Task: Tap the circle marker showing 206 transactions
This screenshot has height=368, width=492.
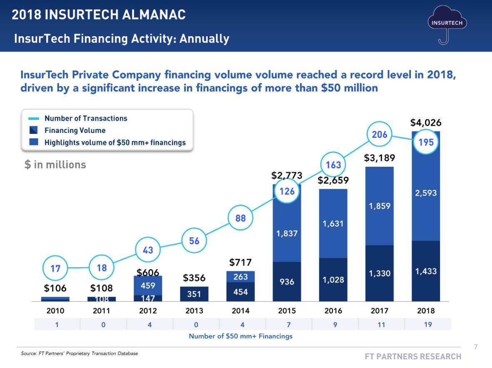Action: (380, 134)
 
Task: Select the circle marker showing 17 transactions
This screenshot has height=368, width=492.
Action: (55, 269)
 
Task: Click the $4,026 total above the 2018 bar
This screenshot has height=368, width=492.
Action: (426, 123)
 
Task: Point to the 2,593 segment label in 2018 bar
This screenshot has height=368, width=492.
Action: (426, 193)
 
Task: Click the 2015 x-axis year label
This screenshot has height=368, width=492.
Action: (287, 311)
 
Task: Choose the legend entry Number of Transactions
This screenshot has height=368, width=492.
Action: (86, 118)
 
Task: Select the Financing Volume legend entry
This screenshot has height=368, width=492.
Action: (75, 130)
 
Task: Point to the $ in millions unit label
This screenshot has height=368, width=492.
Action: (55, 165)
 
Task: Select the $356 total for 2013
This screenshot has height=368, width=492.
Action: (194, 278)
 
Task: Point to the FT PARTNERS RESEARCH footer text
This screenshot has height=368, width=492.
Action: (413, 356)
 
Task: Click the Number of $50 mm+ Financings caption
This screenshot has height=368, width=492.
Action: (241, 336)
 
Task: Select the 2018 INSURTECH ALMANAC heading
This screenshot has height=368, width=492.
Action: (99, 15)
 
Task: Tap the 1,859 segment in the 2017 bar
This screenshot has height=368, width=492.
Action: (379, 206)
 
